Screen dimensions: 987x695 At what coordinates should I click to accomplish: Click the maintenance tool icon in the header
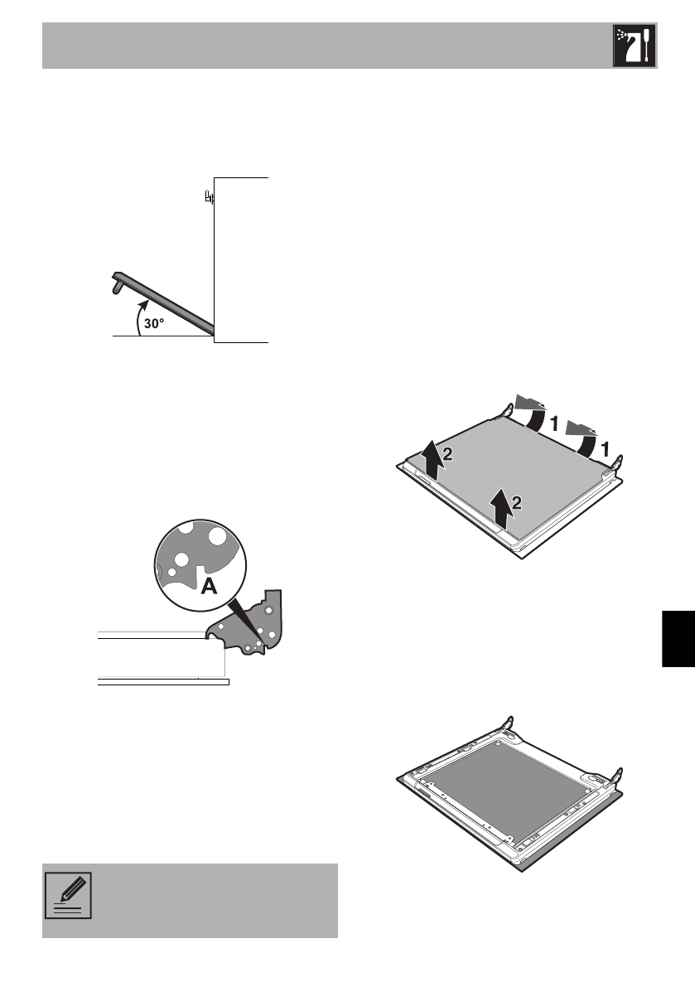(x=634, y=46)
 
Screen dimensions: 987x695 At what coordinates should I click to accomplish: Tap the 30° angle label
(x=155, y=325)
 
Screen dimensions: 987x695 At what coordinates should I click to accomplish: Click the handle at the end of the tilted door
(x=116, y=282)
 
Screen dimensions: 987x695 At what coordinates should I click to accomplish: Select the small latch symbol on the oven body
(x=210, y=198)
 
